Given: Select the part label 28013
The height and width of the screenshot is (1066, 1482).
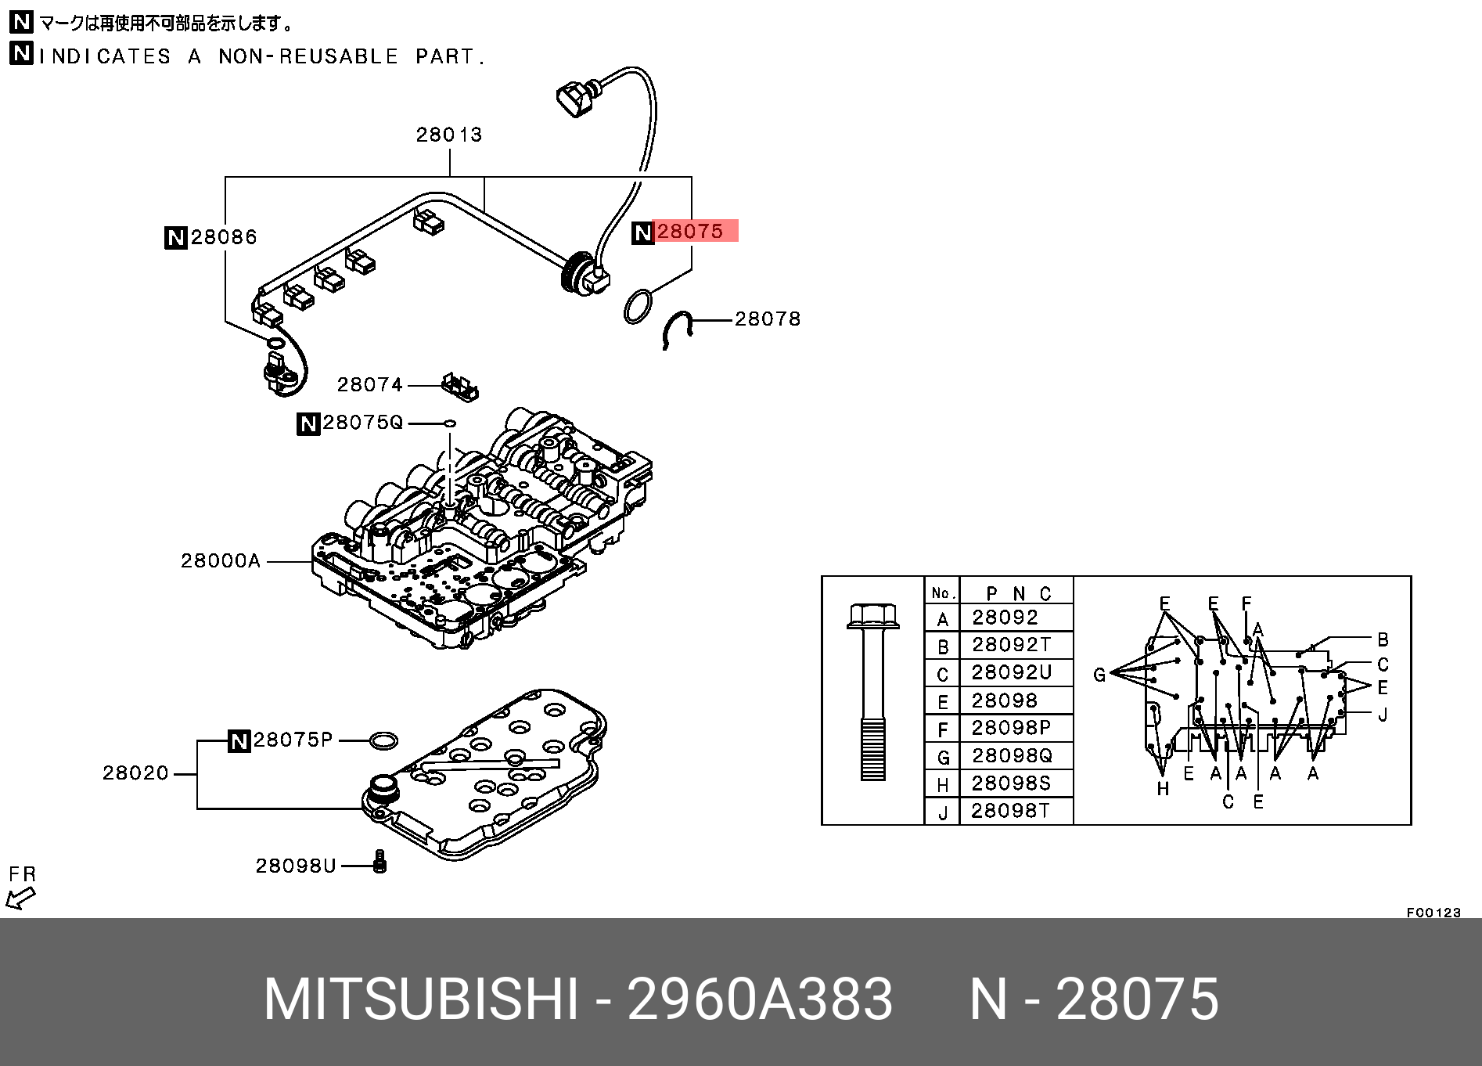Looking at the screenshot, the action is [x=449, y=135].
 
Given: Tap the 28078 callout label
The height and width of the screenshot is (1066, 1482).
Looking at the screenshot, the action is [x=768, y=319].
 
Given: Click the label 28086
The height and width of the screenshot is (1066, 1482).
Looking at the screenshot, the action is [x=224, y=237].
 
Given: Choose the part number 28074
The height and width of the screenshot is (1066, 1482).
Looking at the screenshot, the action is [x=369, y=385].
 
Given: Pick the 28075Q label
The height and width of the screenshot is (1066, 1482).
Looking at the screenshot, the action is [x=362, y=423].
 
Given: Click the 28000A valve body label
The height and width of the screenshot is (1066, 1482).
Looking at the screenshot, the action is [x=221, y=561].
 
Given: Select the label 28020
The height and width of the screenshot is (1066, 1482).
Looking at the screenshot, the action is [x=135, y=773].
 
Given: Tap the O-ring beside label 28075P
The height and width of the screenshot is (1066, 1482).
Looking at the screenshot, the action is [x=383, y=740].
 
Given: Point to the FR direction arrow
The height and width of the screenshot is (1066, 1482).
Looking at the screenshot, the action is [x=20, y=898].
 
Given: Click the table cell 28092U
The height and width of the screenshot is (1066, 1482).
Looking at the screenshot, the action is [x=1011, y=672].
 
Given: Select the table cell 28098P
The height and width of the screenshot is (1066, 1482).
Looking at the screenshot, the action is [x=1011, y=728].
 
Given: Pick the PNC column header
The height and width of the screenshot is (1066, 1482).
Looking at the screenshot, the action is [x=1017, y=593].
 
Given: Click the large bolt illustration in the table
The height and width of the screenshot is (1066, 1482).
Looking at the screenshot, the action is [x=873, y=692].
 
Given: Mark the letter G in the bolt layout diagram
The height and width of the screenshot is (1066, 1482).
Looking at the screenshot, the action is [x=1099, y=675].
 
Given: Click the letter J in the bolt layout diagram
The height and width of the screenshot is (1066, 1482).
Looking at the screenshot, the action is [x=1383, y=715].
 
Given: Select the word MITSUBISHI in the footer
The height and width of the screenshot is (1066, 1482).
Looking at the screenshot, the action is [x=421, y=999].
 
